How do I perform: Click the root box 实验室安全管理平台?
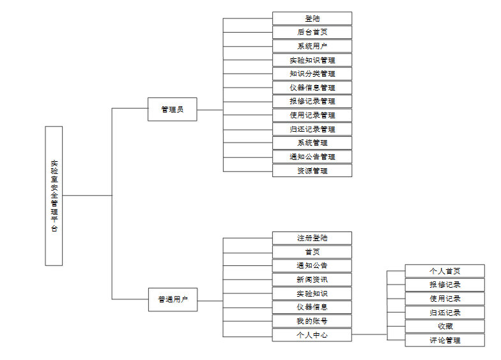[54, 196]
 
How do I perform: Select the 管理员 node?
[172, 109]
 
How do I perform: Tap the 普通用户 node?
[172, 299]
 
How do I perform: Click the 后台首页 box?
[312, 32]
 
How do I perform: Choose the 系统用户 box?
[312, 46]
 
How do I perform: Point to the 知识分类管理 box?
[312, 74]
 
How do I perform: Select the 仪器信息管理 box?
[312, 88]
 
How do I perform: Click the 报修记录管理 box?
[312, 101]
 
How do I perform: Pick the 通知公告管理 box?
[312, 157]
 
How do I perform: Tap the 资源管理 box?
[312, 171]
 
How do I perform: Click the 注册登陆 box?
[312, 238]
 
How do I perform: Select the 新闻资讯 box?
[312, 279]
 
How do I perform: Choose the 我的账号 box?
[312, 321]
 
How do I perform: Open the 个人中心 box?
[312, 334]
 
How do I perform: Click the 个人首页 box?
[445, 271]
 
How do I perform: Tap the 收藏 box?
[445, 327]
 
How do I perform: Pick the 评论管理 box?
[445, 340]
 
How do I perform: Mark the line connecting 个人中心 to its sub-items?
[369, 334]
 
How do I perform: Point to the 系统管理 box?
[312, 143]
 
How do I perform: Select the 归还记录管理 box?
[312, 129]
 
